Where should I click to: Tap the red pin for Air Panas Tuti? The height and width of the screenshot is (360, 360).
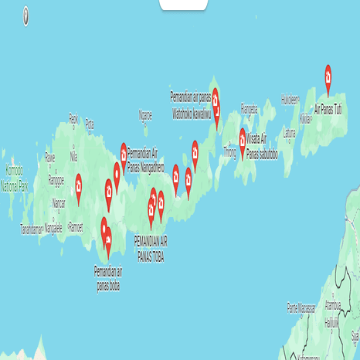tap(328, 75)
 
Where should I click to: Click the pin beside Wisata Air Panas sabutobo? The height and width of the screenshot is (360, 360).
tap(242, 138)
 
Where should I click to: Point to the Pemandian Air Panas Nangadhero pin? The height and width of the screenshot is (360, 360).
tap(124, 152)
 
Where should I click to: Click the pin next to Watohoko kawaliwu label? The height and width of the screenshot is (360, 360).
tap(216, 98)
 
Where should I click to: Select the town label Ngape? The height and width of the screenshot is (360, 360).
tap(145, 114)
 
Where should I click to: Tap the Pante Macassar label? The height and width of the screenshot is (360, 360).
tap(304, 306)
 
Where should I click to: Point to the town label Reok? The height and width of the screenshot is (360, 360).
tap(73, 117)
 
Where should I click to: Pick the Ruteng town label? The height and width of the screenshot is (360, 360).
tap(75, 226)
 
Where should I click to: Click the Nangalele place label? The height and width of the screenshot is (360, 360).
tap(52, 228)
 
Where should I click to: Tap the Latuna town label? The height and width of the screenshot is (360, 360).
tap(290, 132)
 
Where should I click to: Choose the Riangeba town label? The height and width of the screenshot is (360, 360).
tap(249, 107)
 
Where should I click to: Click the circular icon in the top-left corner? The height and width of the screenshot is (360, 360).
tap(26, 14)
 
